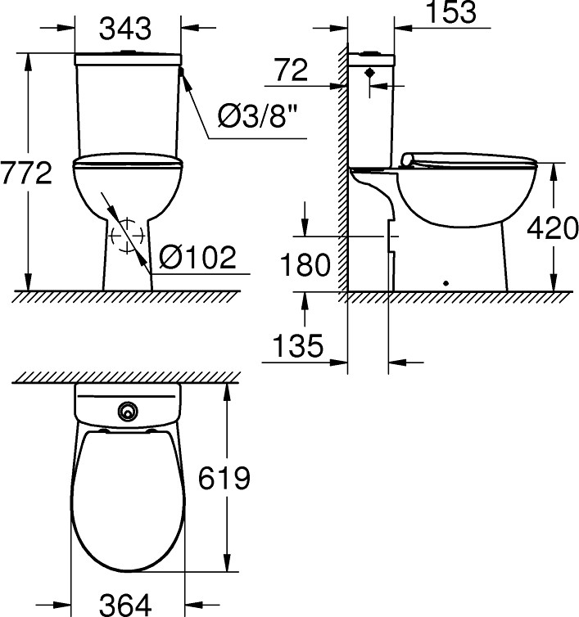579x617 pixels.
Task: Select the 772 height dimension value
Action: coord(26,173)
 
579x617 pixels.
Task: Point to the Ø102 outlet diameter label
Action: coord(197,258)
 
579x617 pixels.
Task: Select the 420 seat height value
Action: coord(552,228)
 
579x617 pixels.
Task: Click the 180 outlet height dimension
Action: coord(304,264)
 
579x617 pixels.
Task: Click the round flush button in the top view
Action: coord(127,411)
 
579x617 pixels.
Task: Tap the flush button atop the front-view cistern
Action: coord(127,53)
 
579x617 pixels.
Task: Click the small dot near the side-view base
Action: coord(446,284)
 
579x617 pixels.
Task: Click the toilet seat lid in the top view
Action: coord(127,499)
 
